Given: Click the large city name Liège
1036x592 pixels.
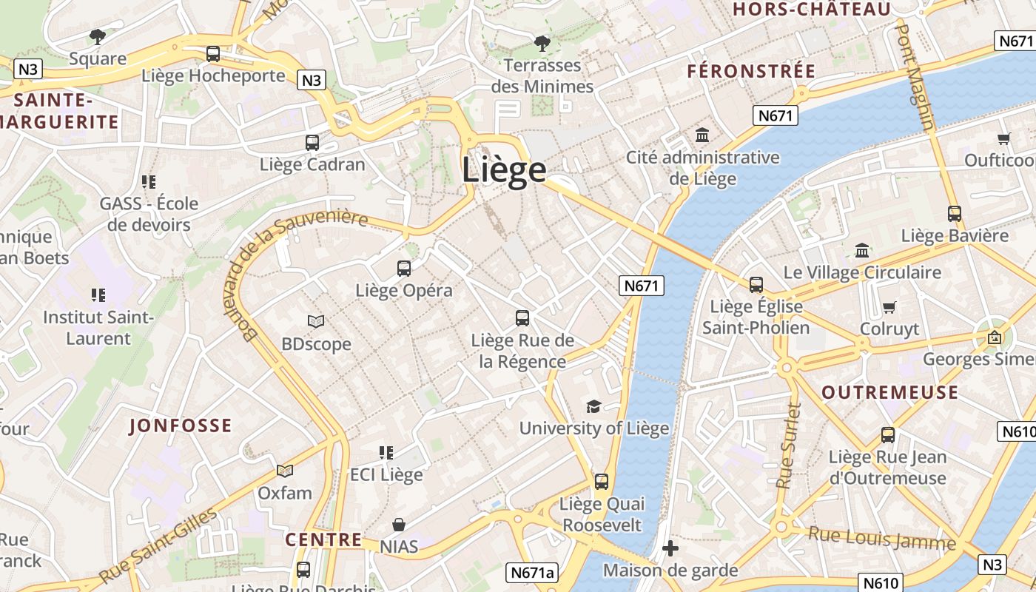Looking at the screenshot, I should (x=504, y=169).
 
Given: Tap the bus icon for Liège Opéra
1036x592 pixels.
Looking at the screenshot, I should (x=404, y=269).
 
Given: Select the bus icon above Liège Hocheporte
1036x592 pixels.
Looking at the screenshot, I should (x=213, y=54).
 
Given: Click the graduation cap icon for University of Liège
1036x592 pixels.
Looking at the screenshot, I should (x=593, y=406).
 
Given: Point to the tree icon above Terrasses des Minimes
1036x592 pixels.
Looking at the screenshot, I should (x=542, y=43).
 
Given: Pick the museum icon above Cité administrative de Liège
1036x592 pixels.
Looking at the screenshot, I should (x=702, y=135).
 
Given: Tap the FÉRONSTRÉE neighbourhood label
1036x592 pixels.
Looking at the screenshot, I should (x=751, y=72).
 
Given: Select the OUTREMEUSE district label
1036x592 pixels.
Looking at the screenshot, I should (x=889, y=392).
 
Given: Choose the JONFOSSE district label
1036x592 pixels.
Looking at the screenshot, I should (x=181, y=425).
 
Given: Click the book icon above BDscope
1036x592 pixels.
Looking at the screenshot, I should (x=316, y=322).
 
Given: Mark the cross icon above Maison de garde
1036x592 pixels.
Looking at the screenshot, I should (x=670, y=548).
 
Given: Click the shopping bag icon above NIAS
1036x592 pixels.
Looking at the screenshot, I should (x=399, y=525).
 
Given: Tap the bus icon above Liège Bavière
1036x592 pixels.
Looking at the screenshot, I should (x=955, y=214).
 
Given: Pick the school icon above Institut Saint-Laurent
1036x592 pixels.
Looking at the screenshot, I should (x=98, y=295).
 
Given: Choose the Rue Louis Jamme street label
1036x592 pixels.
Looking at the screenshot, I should (x=881, y=538).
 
